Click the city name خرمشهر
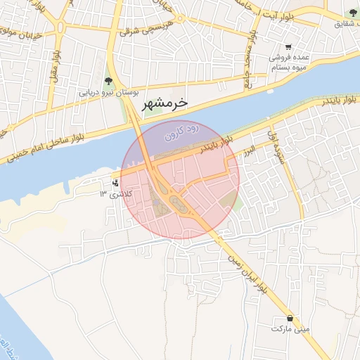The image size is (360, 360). [x=165, y=103]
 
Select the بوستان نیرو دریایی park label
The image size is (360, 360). [x=108, y=92]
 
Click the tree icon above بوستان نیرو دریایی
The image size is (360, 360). [x=108, y=81]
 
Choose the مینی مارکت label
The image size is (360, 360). [x=291, y=328]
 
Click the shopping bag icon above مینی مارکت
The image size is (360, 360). [x=291, y=317]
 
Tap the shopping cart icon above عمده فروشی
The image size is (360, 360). [x=289, y=48]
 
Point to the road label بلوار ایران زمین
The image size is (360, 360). [x=245, y=272]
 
